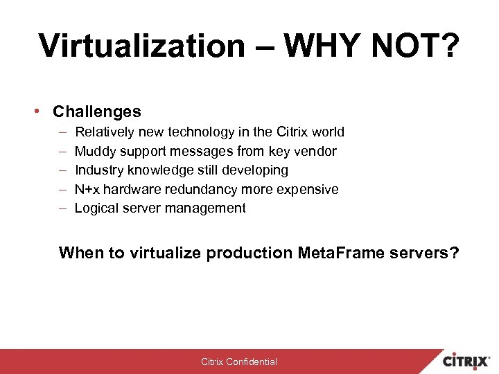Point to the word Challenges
[x=97, y=112]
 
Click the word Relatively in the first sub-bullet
[x=105, y=132]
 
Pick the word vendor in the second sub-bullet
[x=315, y=151]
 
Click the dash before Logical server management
[x=62, y=208]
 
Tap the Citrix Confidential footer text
[x=238, y=362]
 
